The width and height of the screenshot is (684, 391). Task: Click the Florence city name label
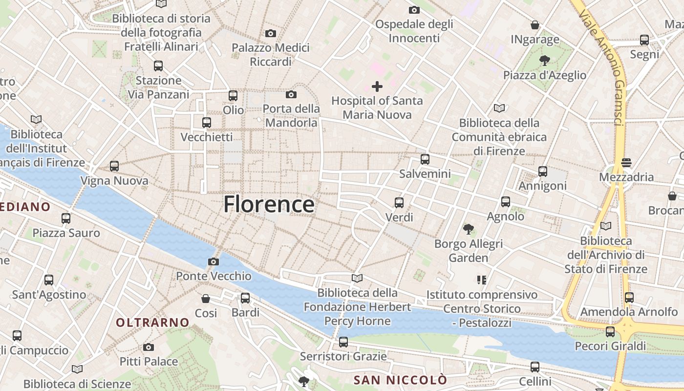click(x=269, y=204)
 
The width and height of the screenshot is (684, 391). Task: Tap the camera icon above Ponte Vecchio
click(x=214, y=262)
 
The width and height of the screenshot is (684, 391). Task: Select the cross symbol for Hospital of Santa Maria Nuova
click(x=377, y=87)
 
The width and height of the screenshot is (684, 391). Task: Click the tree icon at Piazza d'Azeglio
click(x=544, y=61)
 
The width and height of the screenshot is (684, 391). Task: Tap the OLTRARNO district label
click(x=152, y=323)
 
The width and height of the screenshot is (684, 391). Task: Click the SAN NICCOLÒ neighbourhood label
click(x=400, y=380)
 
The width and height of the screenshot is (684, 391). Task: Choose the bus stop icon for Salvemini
click(x=425, y=159)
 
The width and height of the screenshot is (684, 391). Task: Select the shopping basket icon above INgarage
click(x=535, y=25)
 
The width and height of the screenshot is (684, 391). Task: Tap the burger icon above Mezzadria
click(x=626, y=162)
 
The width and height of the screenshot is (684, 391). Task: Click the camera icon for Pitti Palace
click(x=149, y=347)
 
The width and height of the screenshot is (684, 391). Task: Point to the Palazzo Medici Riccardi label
click(x=271, y=55)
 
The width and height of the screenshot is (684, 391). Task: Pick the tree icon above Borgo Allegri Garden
click(x=469, y=229)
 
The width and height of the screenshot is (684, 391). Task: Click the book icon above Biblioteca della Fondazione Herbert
click(x=357, y=278)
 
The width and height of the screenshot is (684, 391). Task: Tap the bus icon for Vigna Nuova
click(x=114, y=166)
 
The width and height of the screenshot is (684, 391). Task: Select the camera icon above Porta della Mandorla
click(x=291, y=94)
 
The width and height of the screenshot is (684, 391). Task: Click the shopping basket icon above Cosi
click(x=206, y=298)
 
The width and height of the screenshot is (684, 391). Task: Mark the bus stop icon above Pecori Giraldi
click(x=610, y=332)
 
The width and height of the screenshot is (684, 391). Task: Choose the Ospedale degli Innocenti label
click(x=414, y=31)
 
